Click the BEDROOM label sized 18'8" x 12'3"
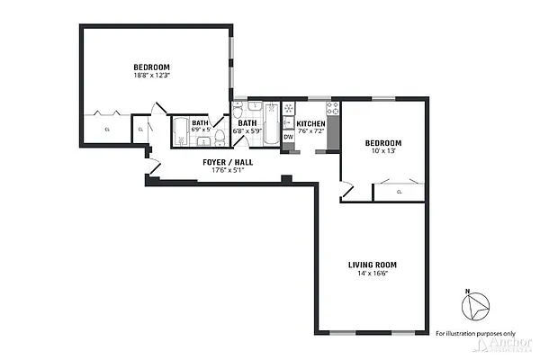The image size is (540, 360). pos(151,67)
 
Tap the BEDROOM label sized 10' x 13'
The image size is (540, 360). pos(382,144)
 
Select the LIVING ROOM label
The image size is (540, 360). pos(373,265)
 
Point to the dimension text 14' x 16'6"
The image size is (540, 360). pos(373,274)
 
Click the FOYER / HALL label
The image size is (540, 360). pos(227,162)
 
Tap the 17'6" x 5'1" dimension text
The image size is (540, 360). pos(227,170)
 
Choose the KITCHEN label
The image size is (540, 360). pos(310,123)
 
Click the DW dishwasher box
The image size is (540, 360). pos(289,137)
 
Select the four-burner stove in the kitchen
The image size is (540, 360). pos(332,109)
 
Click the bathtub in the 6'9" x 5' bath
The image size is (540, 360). pos(180,131)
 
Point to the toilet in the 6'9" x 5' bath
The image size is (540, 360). pos(218,137)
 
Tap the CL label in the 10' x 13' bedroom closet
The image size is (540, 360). pos(399,192)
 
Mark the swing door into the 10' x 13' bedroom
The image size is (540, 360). pos(346,190)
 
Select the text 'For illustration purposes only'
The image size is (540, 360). pos(475,333)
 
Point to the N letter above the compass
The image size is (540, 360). pos(467,291)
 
